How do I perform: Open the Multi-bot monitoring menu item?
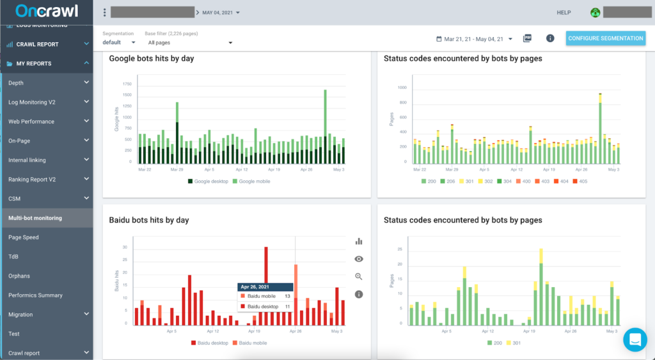35,218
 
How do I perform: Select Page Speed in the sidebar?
24,237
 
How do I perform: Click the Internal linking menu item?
28,160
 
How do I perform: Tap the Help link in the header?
564,13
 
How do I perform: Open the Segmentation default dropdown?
119,43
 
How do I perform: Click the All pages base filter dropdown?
189,43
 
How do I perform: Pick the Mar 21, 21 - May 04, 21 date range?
474,39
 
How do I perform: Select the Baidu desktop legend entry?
210,343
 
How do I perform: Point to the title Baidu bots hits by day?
149,220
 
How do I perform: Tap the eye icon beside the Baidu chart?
359,259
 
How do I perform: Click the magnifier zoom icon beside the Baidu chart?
359,277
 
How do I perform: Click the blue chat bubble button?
636,340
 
